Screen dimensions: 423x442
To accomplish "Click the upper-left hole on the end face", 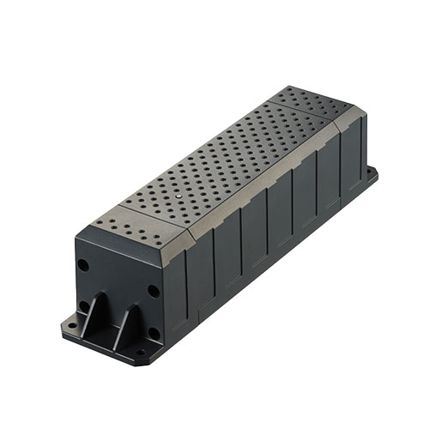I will coord(83,265).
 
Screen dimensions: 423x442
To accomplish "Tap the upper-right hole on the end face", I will coord(153,290).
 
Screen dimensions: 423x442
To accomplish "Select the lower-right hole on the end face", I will coord(154,332).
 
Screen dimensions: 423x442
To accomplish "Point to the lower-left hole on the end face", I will coord(84,305).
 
